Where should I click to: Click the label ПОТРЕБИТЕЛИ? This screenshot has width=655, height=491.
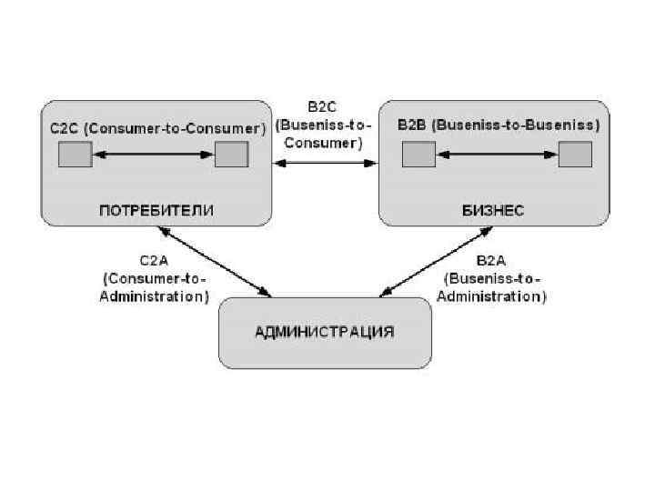(156, 210)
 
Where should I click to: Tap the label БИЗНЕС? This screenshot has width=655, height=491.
(493, 210)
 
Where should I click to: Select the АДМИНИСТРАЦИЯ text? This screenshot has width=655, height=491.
(324, 331)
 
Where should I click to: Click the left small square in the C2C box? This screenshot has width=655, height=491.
(75, 155)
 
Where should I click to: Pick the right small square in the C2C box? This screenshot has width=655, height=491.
(231, 155)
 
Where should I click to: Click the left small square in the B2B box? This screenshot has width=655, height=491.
(418, 155)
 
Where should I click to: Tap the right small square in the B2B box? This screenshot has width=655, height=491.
(575, 155)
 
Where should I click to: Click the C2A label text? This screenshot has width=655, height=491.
(155, 258)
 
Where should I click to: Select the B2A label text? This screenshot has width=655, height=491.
(492, 258)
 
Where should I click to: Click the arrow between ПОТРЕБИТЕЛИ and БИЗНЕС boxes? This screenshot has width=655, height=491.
(326, 164)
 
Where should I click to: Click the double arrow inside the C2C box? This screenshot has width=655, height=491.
(153, 155)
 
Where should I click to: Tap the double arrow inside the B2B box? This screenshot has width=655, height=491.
(497, 155)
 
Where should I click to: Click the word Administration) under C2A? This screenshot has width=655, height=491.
(155, 296)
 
